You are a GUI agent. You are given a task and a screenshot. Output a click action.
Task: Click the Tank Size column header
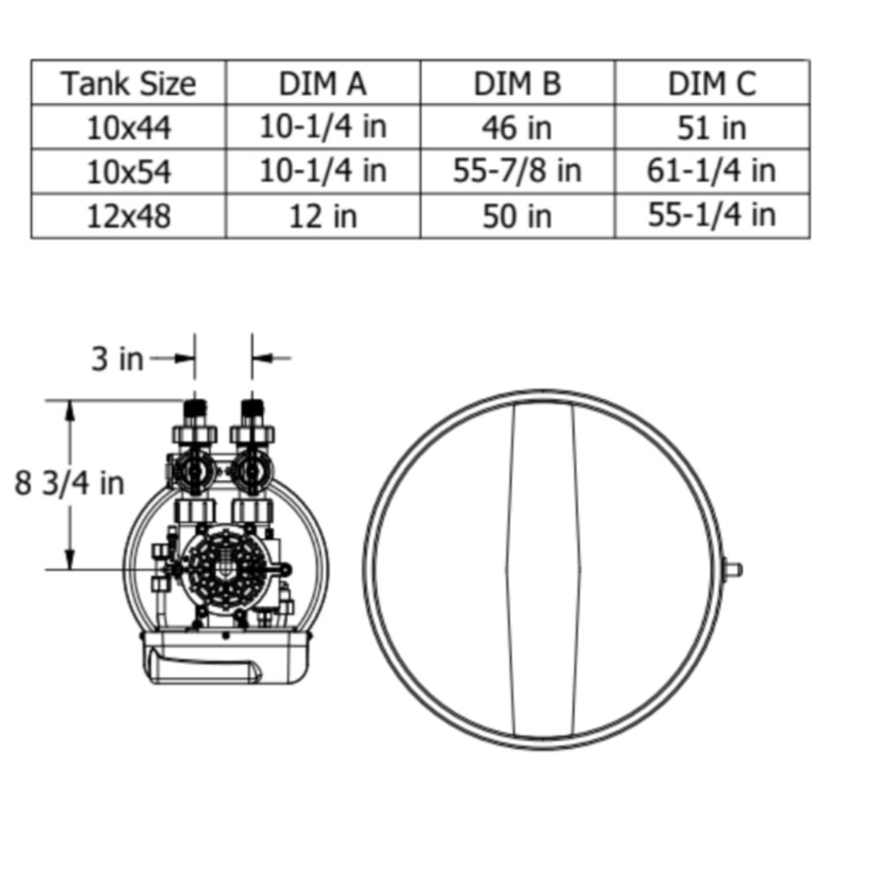coord(128,84)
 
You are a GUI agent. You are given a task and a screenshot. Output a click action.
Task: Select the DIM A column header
coord(322,84)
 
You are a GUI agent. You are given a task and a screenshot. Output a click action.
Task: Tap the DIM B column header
coord(517,84)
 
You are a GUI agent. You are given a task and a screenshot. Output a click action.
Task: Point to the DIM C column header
coord(712,84)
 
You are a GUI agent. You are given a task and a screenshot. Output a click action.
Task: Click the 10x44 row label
coord(128,128)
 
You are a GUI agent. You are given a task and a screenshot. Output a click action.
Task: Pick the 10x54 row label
coord(128,171)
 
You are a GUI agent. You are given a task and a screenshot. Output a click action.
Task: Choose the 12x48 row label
coord(128,216)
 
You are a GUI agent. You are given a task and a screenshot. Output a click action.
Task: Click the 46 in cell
coord(517,128)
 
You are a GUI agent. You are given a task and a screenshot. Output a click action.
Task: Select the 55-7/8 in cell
coord(517,171)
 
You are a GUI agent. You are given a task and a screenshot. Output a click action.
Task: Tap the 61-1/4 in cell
coord(711,171)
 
